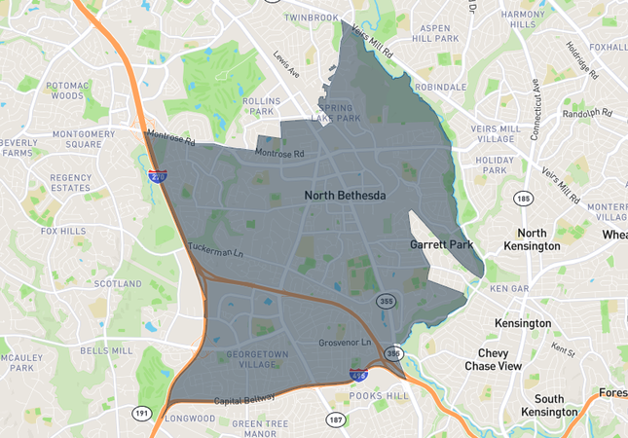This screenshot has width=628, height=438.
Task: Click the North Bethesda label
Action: pos(345,196)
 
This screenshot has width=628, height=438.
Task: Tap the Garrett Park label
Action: pos(442,244)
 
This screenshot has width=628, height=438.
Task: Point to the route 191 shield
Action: pos(142,414)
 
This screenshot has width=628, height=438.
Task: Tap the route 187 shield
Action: pos(335,420)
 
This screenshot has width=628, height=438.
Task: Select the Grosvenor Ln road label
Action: pos(345,344)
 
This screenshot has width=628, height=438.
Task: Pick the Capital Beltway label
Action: pos(245,399)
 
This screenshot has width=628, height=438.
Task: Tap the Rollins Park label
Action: pos(263,106)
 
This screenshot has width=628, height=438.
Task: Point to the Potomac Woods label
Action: pos(67,91)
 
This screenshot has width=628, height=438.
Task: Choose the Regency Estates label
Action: pos(70,182)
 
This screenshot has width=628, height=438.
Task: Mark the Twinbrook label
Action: pos(312,18)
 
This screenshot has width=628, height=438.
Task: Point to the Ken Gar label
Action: pos(507,289)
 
